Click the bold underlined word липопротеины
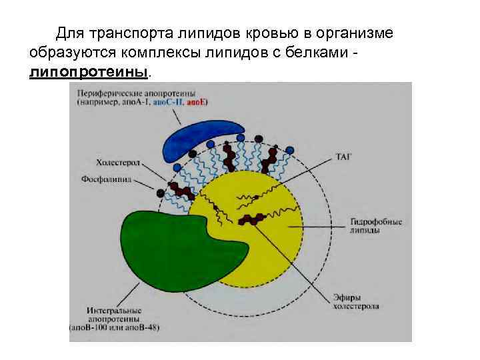coord(90,71)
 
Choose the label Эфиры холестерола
coord(357,301)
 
